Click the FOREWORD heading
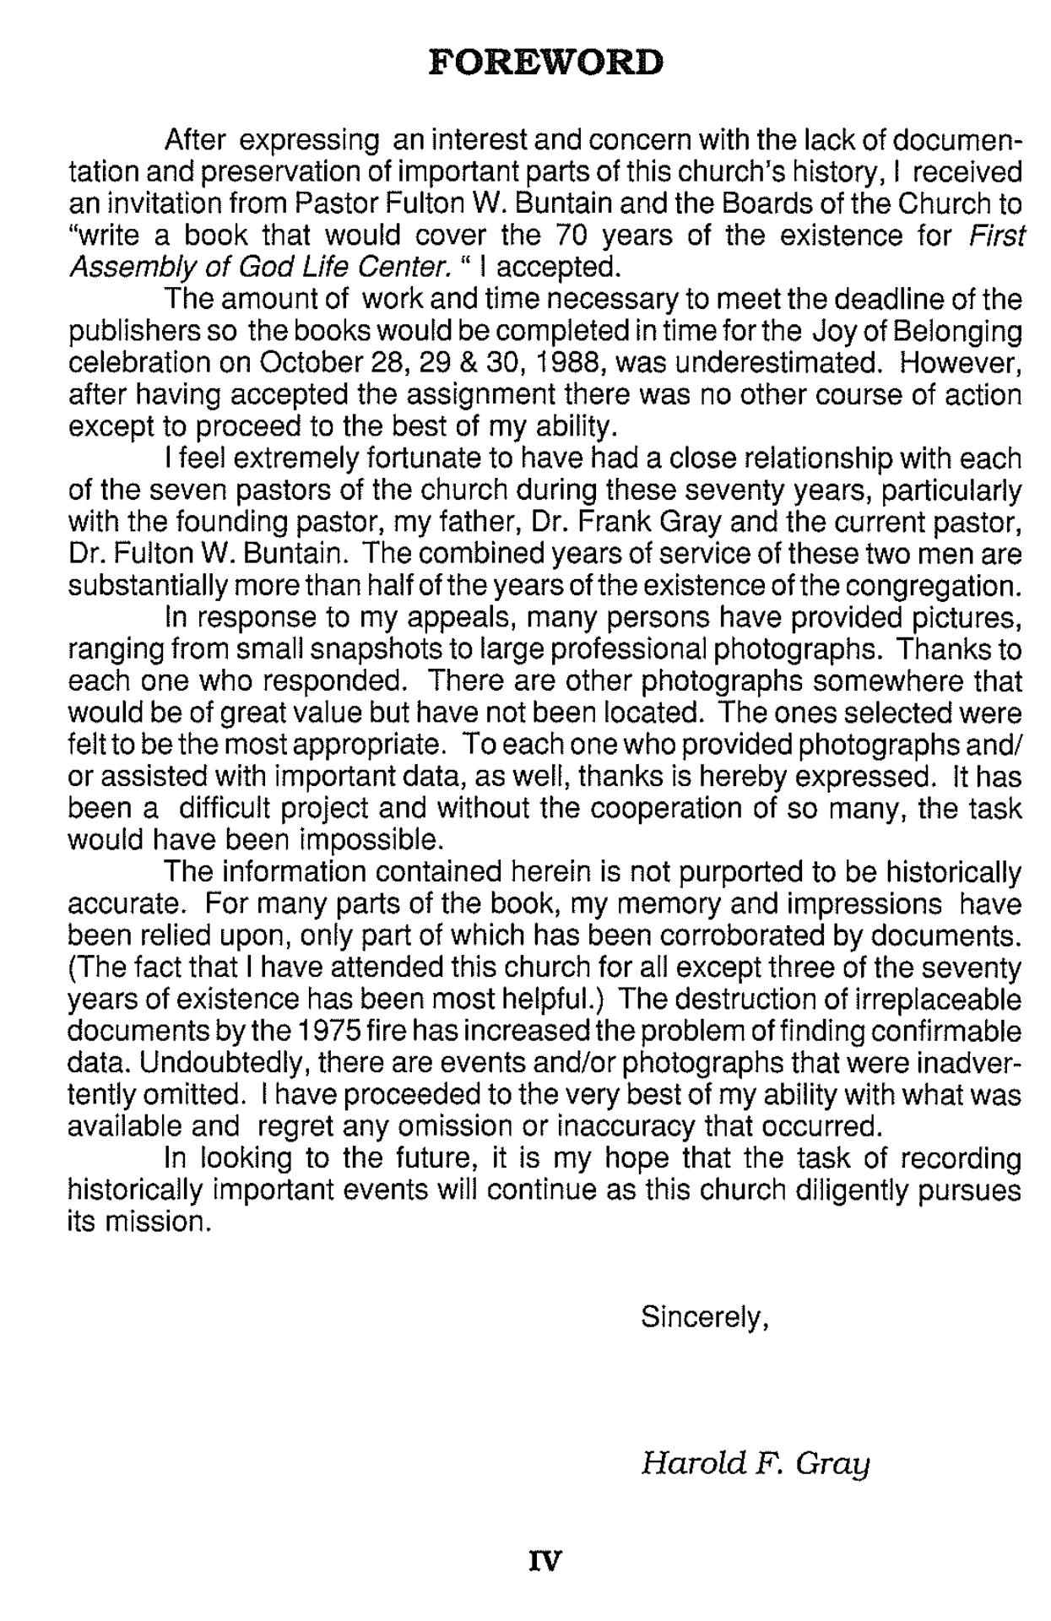(x=546, y=63)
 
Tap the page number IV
(x=544, y=1562)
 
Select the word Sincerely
(x=704, y=1316)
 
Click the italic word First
(x=996, y=235)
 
